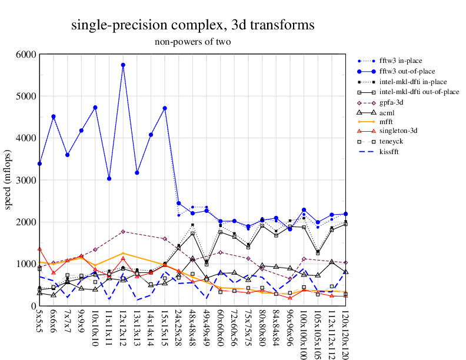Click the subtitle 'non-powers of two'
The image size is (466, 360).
(192, 42)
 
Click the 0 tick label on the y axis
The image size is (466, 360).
(33, 306)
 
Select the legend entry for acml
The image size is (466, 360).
(388, 112)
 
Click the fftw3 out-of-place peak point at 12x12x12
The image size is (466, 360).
(123, 65)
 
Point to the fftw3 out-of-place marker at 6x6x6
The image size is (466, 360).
(54, 116)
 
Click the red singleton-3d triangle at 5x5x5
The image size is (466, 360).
(39, 249)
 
